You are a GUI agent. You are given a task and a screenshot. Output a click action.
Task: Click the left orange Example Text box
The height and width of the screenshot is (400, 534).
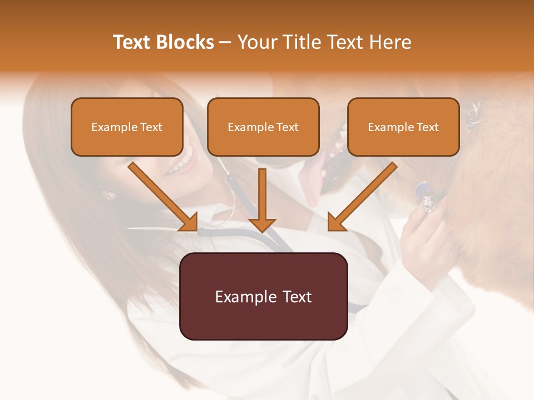(x=127, y=127)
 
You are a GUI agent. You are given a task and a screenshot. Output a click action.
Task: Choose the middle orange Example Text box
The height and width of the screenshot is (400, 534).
(x=263, y=127)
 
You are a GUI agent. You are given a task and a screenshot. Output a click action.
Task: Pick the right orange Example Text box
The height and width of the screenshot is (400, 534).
(x=403, y=127)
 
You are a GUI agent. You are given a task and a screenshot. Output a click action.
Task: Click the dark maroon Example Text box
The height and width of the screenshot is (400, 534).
(x=263, y=296)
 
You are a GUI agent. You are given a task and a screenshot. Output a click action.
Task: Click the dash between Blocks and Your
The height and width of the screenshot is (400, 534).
(x=225, y=43)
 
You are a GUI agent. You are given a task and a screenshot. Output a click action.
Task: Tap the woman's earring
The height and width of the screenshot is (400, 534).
(x=109, y=195)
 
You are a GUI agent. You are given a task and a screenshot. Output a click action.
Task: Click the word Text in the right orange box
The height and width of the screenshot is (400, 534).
(x=427, y=127)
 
